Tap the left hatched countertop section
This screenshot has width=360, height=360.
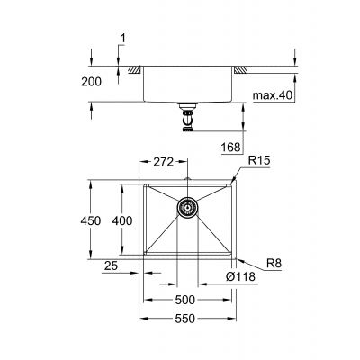pyautogui.click(x=131, y=69)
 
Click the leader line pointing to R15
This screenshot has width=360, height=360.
pyautogui.click(x=240, y=174)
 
